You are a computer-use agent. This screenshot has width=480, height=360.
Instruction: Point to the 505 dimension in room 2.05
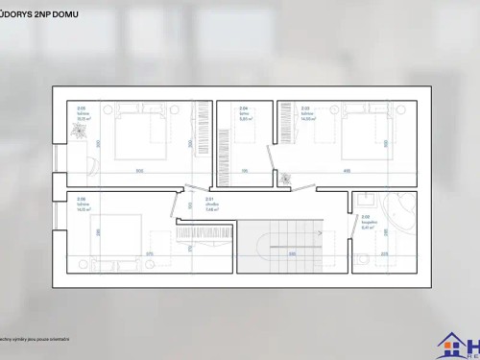[138, 171]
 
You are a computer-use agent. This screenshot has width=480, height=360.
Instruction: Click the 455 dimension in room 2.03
[346, 171]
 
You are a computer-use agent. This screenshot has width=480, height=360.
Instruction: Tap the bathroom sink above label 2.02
[366, 204]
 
